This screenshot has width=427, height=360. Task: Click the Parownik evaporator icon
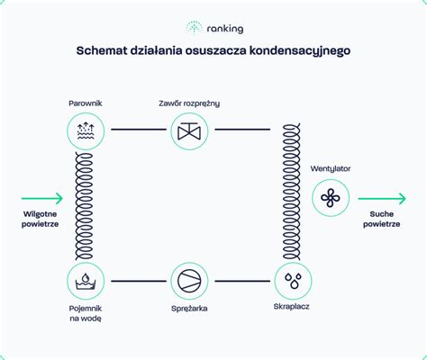coord(86,131)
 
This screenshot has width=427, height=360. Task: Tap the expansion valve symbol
coord(189,131)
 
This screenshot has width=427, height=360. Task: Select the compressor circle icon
coord(189,281)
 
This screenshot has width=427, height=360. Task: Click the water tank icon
coord(86,281)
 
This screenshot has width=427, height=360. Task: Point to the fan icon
coord(331,198)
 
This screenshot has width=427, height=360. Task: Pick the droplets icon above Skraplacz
coord(293,281)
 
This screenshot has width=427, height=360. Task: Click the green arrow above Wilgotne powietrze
coord(42,198)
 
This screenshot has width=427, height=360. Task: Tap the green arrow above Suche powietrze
coord(382,198)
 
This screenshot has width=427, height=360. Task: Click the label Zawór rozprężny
coord(189,103)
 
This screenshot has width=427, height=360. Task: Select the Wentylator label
coord(331,169)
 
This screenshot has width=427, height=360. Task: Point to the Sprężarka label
coord(189,309)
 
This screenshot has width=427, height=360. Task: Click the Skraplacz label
coord(291,307)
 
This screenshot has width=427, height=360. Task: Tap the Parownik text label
coord(86,103)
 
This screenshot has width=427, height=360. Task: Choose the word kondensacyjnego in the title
coord(300,51)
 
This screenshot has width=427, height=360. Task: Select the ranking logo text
coord(225,29)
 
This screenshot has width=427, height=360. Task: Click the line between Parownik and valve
coord(139,130)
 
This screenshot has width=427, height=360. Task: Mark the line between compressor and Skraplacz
coord(242,281)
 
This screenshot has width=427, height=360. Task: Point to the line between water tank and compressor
coord(139,281)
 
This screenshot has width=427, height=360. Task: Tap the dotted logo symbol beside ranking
coord(194,28)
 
